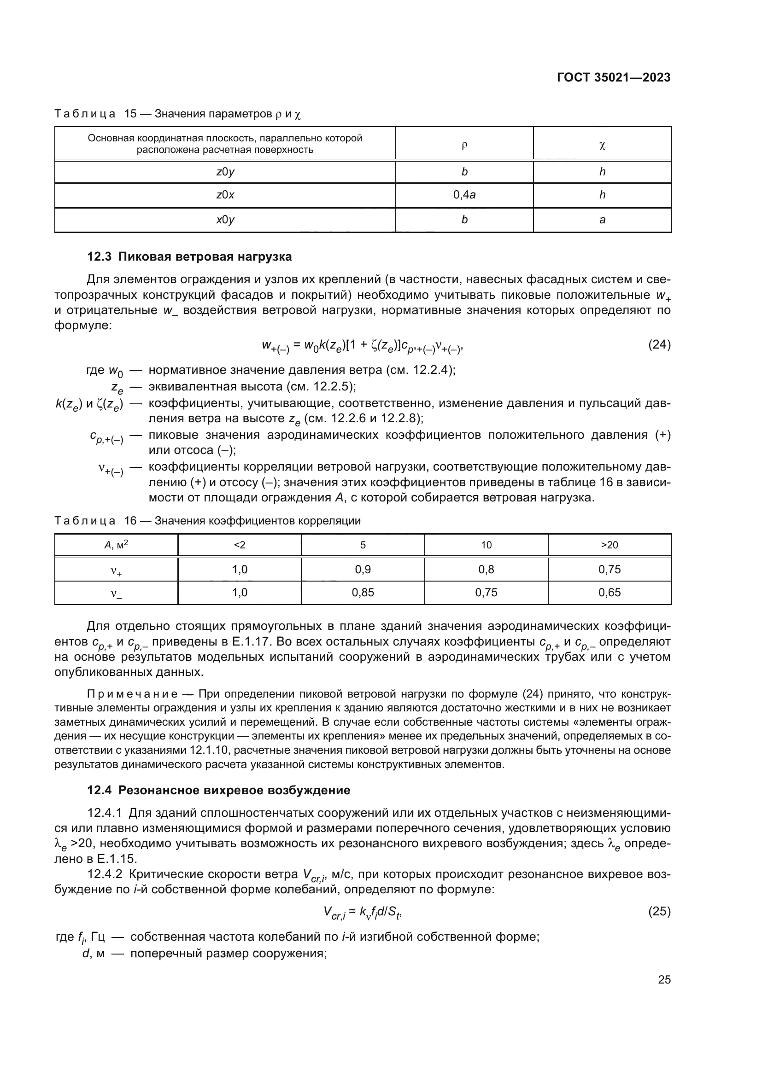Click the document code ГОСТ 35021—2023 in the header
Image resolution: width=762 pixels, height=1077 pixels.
pyautogui.click(x=613, y=78)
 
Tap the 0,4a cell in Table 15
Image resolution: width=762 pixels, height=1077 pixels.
pyautogui.click(x=464, y=195)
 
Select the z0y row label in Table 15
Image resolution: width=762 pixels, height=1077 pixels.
pyautogui.click(x=225, y=172)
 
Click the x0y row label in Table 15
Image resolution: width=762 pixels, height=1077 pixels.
pyautogui.click(x=225, y=220)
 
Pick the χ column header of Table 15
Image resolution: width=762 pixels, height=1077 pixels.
pyautogui.click(x=602, y=146)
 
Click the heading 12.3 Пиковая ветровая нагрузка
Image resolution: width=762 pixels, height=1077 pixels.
pyautogui.click(x=189, y=256)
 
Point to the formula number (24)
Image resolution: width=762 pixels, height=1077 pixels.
pyautogui.click(x=659, y=345)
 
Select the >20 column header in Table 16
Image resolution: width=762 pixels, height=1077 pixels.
pyautogui.click(x=609, y=545)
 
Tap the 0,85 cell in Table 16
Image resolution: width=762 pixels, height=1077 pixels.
pyautogui.click(x=363, y=593)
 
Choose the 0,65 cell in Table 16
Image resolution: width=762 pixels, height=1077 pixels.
pyautogui.click(x=609, y=593)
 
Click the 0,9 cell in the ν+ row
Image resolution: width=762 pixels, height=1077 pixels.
pyautogui.click(x=363, y=570)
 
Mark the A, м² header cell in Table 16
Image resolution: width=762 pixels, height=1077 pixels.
pyautogui.click(x=117, y=545)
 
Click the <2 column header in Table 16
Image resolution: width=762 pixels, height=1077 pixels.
pyautogui.click(x=239, y=545)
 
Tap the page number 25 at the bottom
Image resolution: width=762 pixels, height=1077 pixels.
pyautogui.click(x=664, y=980)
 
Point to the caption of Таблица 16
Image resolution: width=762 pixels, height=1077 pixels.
pyautogui.click(x=207, y=521)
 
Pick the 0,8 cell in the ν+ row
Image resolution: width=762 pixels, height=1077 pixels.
pyautogui.click(x=486, y=570)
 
